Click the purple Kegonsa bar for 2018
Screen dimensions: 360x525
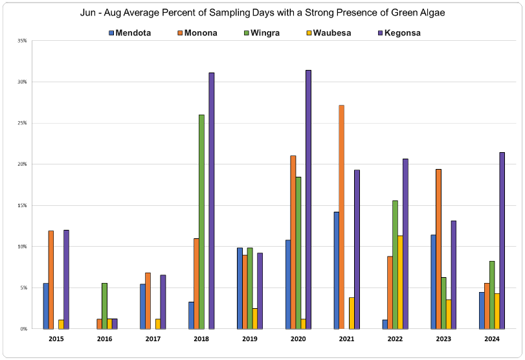click(x=211, y=201)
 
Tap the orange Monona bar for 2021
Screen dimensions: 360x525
click(x=341, y=217)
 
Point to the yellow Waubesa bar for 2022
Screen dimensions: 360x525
click(x=401, y=282)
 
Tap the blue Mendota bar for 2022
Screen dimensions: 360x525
click(x=385, y=324)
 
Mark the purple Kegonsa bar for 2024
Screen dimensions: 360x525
click(x=502, y=240)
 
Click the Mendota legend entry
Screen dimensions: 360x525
click(x=129, y=33)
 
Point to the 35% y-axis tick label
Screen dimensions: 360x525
click(x=22, y=41)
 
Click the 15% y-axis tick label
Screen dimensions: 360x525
click(x=22, y=205)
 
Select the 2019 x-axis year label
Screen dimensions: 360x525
click(x=250, y=339)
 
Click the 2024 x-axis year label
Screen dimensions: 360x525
click(x=493, y=339)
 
